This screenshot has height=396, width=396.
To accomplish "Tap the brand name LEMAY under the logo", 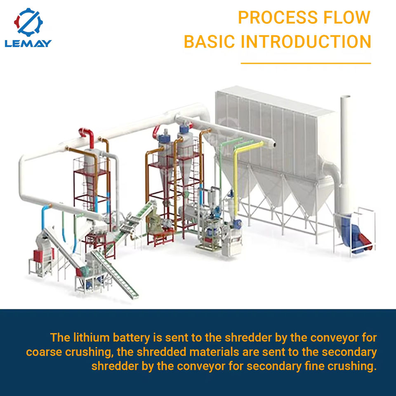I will (x=28, y=43).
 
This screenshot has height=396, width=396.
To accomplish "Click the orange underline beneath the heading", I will (x=306, y=64).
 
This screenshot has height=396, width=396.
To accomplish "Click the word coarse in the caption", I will (x=46, y=352).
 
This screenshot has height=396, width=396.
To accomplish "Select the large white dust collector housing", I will (x=272, y=132).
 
